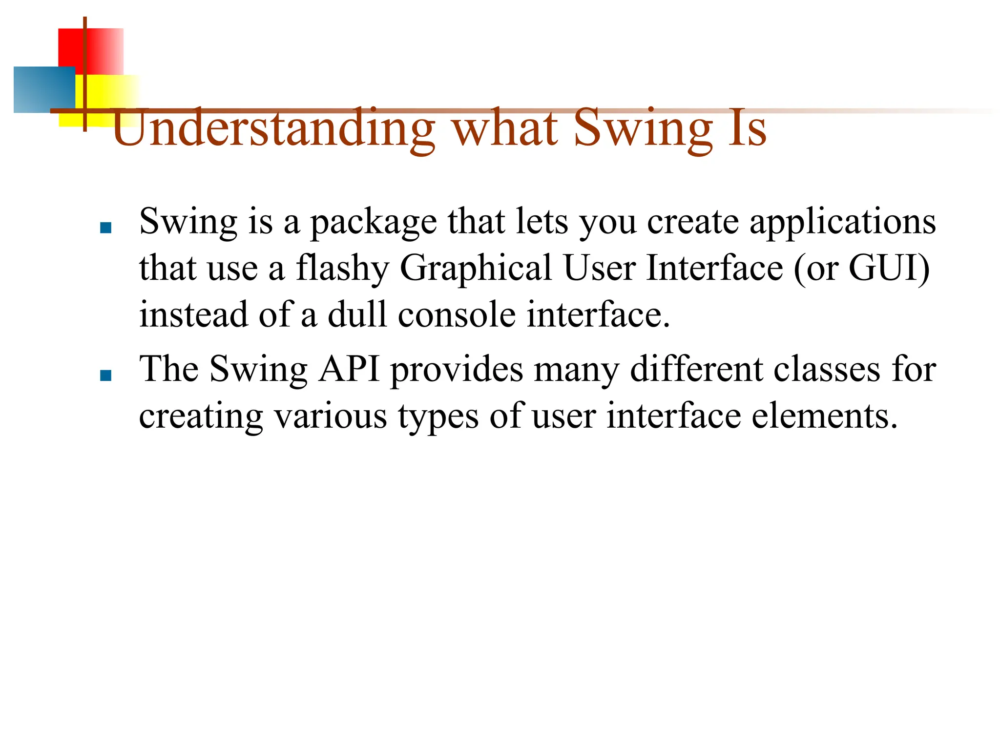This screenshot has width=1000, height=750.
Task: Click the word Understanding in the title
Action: tap(273, 128)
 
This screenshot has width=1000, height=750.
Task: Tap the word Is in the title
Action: tap(747, 128)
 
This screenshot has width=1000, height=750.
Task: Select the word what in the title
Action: tap(505, 128)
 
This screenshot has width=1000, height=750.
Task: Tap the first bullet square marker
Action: tap(105, 228)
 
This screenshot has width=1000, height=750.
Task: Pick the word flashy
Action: tap(342, 269)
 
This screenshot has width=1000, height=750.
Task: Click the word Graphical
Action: tap(476, 269)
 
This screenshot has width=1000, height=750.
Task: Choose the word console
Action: tap(457, 315)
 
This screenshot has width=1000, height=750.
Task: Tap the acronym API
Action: tap(349, 369)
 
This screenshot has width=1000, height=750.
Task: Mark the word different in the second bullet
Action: tap(696, 370)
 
